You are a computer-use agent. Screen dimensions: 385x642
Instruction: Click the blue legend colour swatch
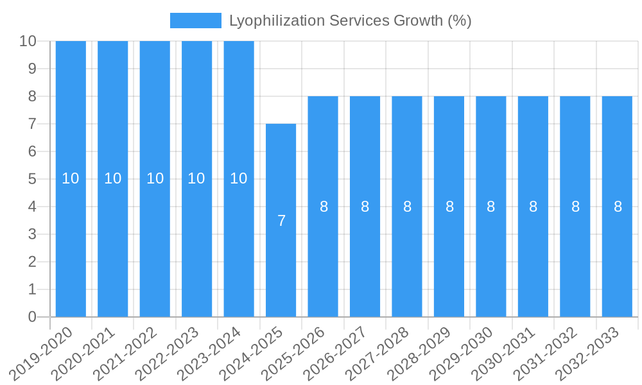coord(195,21)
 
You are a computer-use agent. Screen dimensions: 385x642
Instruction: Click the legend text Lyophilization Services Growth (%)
coord(350,21)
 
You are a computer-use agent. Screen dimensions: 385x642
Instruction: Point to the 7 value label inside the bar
coord(281,221)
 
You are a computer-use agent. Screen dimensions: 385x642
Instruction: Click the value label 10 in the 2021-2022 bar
coord(155,178)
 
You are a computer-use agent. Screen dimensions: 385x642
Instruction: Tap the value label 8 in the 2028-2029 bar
coord(449,207)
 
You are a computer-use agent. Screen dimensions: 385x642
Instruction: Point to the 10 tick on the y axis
coord(28,41)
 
